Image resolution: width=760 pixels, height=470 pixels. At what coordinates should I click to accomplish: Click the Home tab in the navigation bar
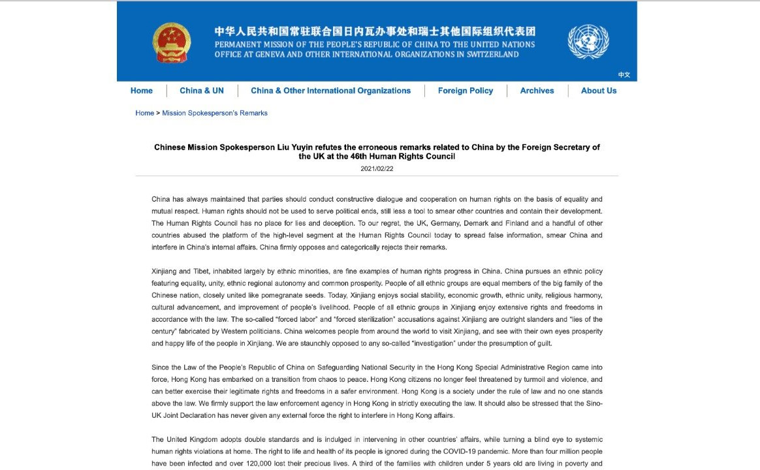142,91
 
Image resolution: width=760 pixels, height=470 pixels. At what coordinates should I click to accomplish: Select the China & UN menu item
202,91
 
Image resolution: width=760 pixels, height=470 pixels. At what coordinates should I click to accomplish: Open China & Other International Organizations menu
330,91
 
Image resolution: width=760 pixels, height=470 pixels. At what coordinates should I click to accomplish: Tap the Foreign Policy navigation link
466,91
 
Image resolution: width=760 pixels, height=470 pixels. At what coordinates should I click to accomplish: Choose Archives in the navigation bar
537,91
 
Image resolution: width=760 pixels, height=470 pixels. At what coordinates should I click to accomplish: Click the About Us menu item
599,91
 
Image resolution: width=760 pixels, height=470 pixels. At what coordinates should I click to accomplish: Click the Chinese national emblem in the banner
172,42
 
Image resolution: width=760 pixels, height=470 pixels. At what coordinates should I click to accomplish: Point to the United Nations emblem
588,42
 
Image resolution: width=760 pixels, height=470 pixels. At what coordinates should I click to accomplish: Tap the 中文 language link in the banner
624,75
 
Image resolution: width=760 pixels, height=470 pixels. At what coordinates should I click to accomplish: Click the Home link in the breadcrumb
144,113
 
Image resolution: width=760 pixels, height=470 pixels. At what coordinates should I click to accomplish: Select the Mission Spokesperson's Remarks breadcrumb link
215,113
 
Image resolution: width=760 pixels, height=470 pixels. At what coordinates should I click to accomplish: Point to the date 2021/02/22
377,169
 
